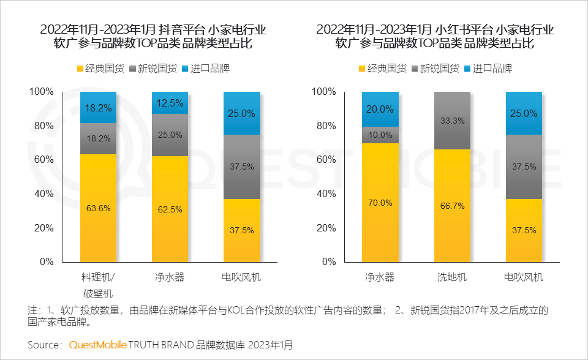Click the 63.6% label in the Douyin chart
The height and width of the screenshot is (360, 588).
pos(98,208)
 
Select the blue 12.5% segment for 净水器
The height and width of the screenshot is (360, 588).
pos(170,103)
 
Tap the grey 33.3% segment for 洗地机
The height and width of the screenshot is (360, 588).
pos(453,121)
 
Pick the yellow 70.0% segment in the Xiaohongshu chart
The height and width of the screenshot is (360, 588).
pos(380,202)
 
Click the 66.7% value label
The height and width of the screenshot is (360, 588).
pos(453,206)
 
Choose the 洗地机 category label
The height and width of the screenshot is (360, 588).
pos(453,277)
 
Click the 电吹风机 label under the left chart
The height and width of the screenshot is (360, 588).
pos(241,277)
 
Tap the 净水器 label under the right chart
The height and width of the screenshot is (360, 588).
pos(380,277)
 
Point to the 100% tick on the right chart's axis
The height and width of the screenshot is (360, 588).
pos(323,92)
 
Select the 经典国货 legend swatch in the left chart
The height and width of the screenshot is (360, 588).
pos(80,69)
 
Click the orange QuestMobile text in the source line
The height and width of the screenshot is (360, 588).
pos(97,345)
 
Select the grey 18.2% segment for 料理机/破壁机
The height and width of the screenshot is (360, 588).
pos(98,138)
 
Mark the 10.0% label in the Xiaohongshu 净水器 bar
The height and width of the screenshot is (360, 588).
pos(380,135)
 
